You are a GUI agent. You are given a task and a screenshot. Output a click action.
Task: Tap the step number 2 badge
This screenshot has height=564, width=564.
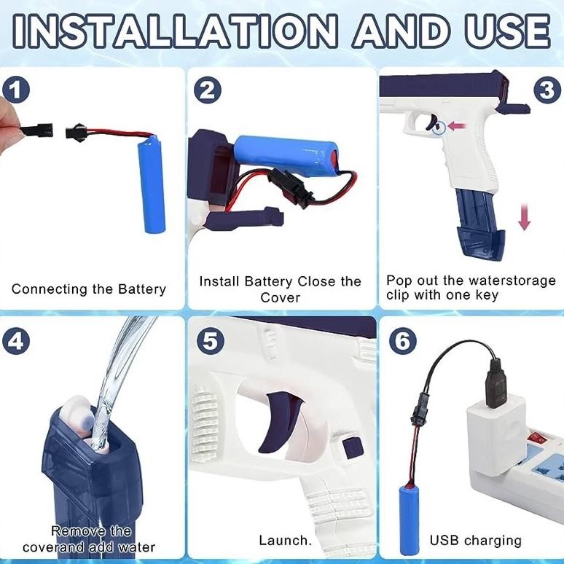(208, 90)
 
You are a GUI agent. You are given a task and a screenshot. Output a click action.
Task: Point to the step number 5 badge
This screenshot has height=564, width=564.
(208, 340)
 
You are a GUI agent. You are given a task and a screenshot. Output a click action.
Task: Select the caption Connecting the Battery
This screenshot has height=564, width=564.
(89, 289)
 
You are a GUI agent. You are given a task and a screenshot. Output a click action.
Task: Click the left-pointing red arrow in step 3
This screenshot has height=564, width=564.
(458, 126)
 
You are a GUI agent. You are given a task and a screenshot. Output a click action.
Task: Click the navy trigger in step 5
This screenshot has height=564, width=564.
(285, 416)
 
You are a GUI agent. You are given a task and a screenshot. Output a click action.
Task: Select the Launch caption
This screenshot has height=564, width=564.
(285, 541)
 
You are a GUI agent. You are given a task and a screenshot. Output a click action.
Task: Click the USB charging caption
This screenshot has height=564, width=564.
(475, 541)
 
